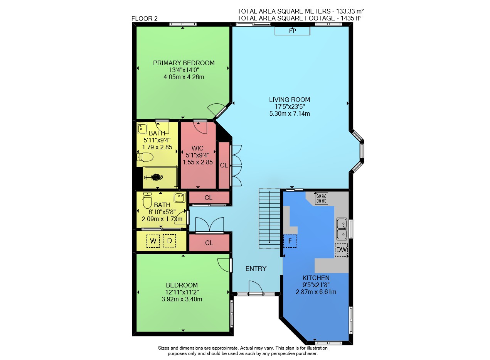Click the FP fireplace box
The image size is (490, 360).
coord(292,30)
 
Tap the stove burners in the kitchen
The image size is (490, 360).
coord(322,198)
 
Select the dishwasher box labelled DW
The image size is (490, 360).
coord(341,250)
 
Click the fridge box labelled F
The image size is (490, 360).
coord(290,241)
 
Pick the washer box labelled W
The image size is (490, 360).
coord(153,241)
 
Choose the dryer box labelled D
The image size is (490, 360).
coord(170,241)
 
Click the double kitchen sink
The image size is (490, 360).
coord(342,229)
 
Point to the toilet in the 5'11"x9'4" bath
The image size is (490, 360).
coord(145,157)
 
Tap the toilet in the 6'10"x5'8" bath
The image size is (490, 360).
coord(147,200)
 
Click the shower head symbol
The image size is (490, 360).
coord(154,177)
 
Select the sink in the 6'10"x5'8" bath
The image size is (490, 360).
coord(180,198)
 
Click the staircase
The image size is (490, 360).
coord(269,218)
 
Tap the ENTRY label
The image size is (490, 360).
coord(256,269)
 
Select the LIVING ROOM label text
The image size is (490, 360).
coord(290,100)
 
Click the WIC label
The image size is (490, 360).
coord(197,148)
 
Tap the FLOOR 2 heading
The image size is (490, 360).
coord(144,19)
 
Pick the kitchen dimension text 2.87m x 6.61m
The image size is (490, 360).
coord(316,292)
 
